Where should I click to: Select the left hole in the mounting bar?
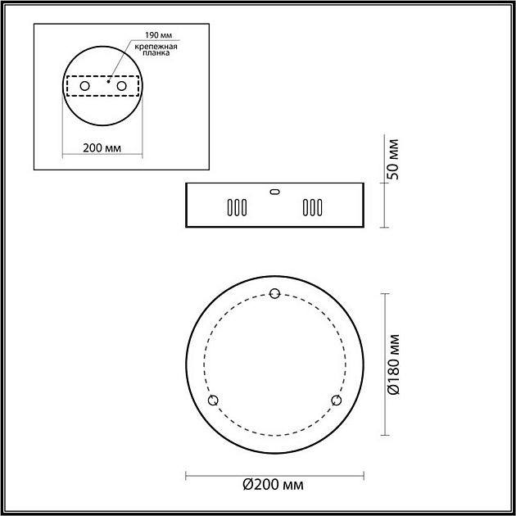coord(84,86)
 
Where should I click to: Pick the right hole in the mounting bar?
coord(121,86)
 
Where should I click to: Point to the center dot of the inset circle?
coord(107,81)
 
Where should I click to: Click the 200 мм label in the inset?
coord(102,148)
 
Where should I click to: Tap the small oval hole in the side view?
coord(274,192)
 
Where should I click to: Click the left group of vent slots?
coord(235,207)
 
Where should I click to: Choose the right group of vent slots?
coord(312,207)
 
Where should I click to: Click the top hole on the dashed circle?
coord(274,294)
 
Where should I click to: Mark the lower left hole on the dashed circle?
coord(214,400)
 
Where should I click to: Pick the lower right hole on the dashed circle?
coord(336,400)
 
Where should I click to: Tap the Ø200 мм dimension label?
coord(274,486)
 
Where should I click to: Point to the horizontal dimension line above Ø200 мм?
coord(274,473)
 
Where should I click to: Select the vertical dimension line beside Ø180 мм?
coord(383,364)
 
